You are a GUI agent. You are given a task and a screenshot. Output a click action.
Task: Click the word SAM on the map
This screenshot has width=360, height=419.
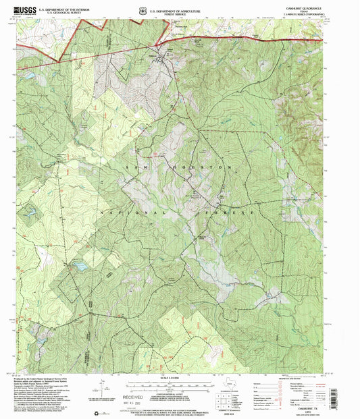click(136, 165)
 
